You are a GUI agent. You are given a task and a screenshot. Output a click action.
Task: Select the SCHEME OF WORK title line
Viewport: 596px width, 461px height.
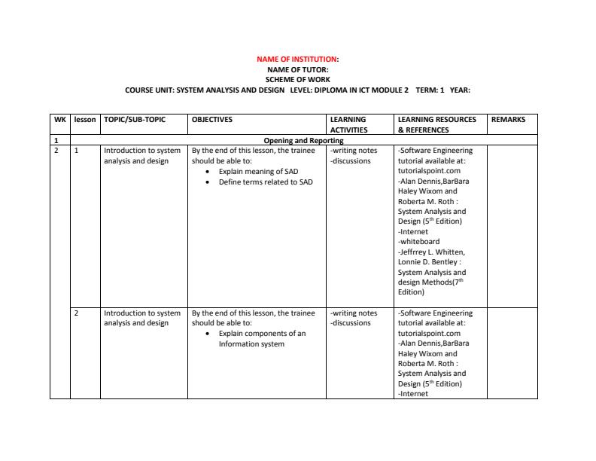(297, 79)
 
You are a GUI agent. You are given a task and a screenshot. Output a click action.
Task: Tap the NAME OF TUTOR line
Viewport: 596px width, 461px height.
(297, 69)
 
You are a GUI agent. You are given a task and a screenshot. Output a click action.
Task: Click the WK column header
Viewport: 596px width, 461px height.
(60, 119)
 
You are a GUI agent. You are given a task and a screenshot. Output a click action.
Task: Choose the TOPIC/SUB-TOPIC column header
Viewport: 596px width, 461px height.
(135, 119)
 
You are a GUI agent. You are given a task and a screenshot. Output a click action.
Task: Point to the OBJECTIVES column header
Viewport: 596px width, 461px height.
(212, 119)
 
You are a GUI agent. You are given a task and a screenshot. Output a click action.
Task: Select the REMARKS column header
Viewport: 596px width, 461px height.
(508, 119)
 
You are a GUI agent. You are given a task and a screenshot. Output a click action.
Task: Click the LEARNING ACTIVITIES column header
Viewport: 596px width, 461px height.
(348, 124)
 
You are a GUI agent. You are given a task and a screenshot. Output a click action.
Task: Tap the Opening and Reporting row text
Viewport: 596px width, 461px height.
(303, 140)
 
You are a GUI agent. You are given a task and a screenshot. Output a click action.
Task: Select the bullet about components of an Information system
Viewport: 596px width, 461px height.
(262, 338)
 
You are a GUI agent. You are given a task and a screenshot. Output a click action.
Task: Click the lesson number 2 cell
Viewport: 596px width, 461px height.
(77, 313)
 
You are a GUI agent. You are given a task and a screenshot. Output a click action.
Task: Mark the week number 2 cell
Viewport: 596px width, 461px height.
(56, 150)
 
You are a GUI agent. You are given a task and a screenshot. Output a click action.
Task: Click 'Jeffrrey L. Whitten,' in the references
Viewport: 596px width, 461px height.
(433, 252)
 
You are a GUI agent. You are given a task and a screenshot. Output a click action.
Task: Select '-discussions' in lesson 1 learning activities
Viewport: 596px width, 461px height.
(351, 160)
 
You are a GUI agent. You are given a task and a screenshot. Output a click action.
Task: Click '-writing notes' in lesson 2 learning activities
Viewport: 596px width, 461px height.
(354, 313)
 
